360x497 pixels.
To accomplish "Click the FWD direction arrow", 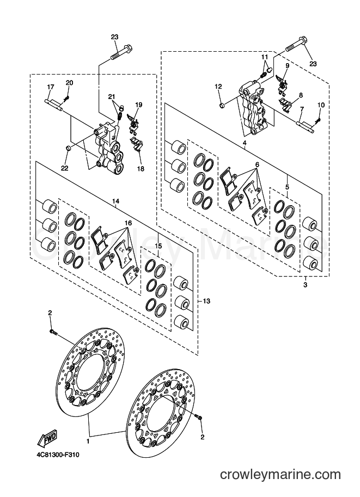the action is click(x=47, y=438).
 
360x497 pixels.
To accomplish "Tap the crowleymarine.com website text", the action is click(x=280, y=484).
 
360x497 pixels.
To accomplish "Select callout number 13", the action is click(x=206, y=301).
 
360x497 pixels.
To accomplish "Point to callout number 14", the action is click(x=115, y=201).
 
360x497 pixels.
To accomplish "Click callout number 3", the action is click(x=305, y=285).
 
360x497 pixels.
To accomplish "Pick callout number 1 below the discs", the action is click(x=88, y=441).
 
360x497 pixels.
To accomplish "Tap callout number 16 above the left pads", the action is click(x=128, y=223).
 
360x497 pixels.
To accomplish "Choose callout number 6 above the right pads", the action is click(x=257, y=164).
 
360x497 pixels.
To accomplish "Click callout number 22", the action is click(x=64, y=168).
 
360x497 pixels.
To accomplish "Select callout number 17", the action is click(x=51, y=87).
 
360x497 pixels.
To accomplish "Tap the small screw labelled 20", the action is click(x=66, y=99).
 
